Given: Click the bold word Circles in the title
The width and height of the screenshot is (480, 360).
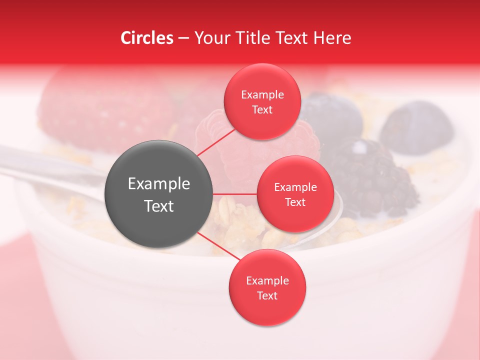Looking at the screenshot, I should tap(146, 38).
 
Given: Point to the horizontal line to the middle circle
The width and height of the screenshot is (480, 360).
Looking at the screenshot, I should tap(235, 194).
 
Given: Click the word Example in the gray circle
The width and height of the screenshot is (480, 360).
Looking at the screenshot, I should tap(159, 184).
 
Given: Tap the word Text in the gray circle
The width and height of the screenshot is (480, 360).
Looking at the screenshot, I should tap(159, 206).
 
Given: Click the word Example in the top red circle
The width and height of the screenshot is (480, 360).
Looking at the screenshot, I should tap(262, 94).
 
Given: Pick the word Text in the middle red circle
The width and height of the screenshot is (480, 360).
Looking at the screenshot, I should tap(295, 202).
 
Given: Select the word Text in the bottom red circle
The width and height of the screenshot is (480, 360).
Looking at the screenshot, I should tap(267, 295).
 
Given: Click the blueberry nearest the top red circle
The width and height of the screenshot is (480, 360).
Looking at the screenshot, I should tap(332, 115).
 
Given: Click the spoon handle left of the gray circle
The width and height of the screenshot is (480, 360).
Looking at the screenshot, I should tap(50, 167).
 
